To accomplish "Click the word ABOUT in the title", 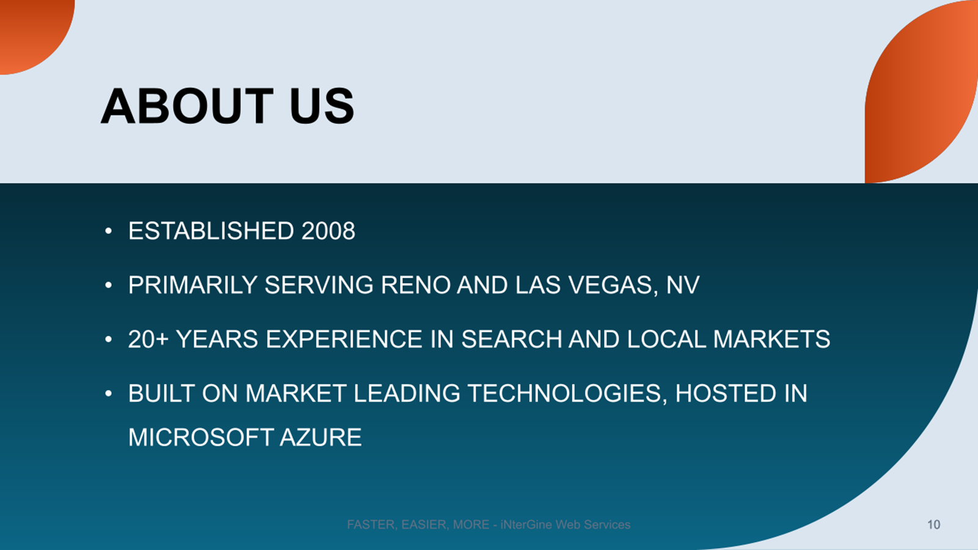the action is (x=187, y=106).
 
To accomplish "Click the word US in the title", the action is (x=322, y=106).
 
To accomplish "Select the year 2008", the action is (x=328, y=230).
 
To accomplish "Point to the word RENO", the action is (x=415, y=285).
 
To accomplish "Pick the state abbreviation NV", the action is (x=683, y=285).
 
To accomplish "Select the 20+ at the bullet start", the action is (x=149, y=339).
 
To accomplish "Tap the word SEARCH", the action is (x=512, y=339).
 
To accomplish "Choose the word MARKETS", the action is (x=771, y=339).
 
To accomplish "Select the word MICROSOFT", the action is (x=200, y=438).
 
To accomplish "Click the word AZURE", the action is (x=320, y=438).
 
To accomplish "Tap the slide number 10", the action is (x=933, y=524).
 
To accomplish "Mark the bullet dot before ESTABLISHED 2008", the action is (x=109, y=231).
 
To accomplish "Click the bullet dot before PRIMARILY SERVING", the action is (x=109, y=285).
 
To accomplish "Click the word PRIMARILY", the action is (x=193, y=285).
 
